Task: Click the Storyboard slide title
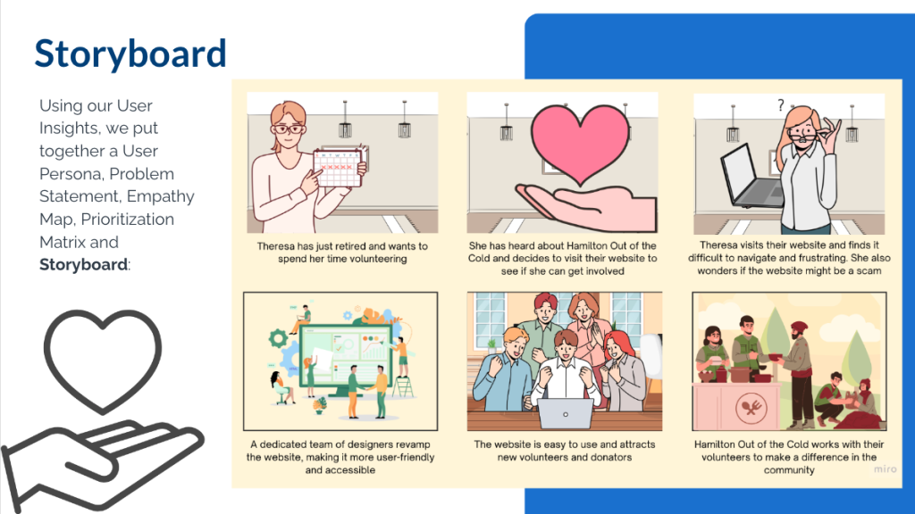130,54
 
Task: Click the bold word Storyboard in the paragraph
83,264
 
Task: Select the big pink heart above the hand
581,143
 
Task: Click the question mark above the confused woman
781,105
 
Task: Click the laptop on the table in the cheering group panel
565,413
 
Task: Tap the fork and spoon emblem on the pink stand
751,407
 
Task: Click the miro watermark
885,468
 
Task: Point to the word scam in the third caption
869,270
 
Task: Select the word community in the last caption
789,470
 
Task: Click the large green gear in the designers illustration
278,338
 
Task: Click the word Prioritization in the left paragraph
127,220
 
